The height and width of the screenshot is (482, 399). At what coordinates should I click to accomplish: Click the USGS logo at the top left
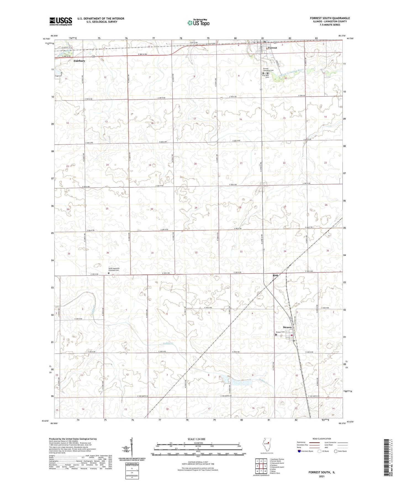61,21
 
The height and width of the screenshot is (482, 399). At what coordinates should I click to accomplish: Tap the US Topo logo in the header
198,23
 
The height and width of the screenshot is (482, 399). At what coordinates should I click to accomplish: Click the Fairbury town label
79,61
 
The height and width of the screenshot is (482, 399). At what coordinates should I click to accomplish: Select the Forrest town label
272,48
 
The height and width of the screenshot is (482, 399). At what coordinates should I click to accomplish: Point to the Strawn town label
287,327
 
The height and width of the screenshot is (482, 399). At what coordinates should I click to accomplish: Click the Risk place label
275,275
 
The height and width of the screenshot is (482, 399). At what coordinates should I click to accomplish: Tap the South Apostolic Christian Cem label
114,269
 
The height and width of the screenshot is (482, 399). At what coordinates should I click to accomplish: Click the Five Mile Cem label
265,76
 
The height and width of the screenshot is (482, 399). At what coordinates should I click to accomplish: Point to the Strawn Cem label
280,332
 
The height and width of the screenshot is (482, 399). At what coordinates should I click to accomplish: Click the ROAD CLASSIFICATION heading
322,439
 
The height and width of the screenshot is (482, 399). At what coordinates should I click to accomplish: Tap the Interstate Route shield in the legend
299,451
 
